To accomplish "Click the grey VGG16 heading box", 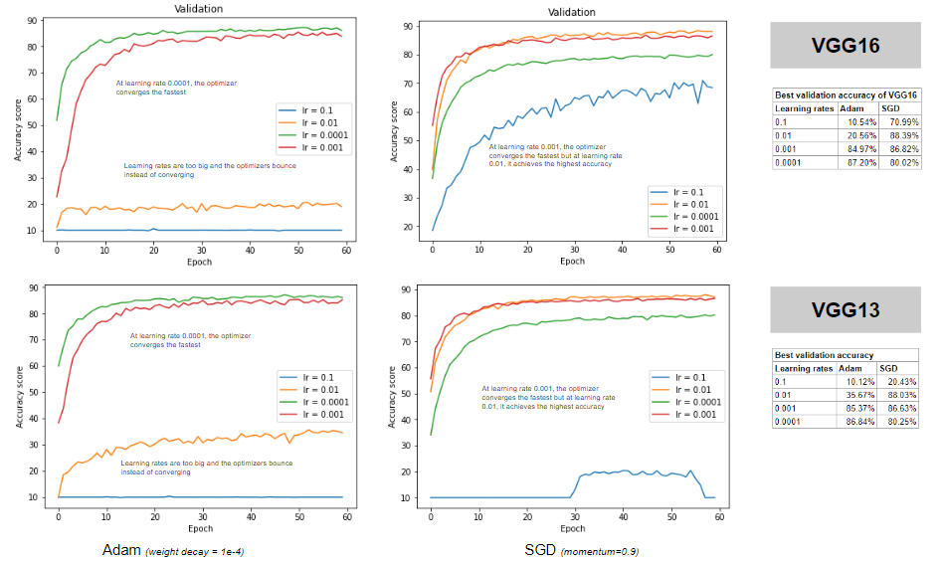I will point(844,47).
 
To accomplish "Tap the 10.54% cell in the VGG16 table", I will point(860,121).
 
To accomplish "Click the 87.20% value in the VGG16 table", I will point(860,160).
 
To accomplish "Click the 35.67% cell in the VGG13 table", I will point(859,395).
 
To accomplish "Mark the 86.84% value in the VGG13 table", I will point(859,421).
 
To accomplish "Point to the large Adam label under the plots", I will point(122,550).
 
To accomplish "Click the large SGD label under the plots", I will point(540,550).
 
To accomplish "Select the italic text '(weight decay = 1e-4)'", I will point(195,551).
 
